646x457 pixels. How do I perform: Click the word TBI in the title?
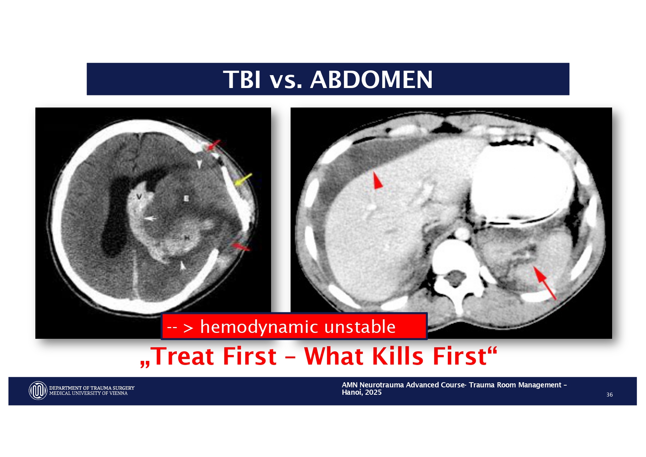click(242, 80)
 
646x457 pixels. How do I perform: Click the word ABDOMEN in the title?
click(371, 80)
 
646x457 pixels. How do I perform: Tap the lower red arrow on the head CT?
click(240, 246)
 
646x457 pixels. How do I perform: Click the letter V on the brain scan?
click(139, 197)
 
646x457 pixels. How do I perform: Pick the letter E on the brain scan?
click(186, 198)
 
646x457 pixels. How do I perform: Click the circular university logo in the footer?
click(38, 390)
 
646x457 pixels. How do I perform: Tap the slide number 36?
click(610, 395)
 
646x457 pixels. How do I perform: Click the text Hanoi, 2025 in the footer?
click(362, 393)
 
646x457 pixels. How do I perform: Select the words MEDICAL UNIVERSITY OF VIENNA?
click(88, 393)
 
